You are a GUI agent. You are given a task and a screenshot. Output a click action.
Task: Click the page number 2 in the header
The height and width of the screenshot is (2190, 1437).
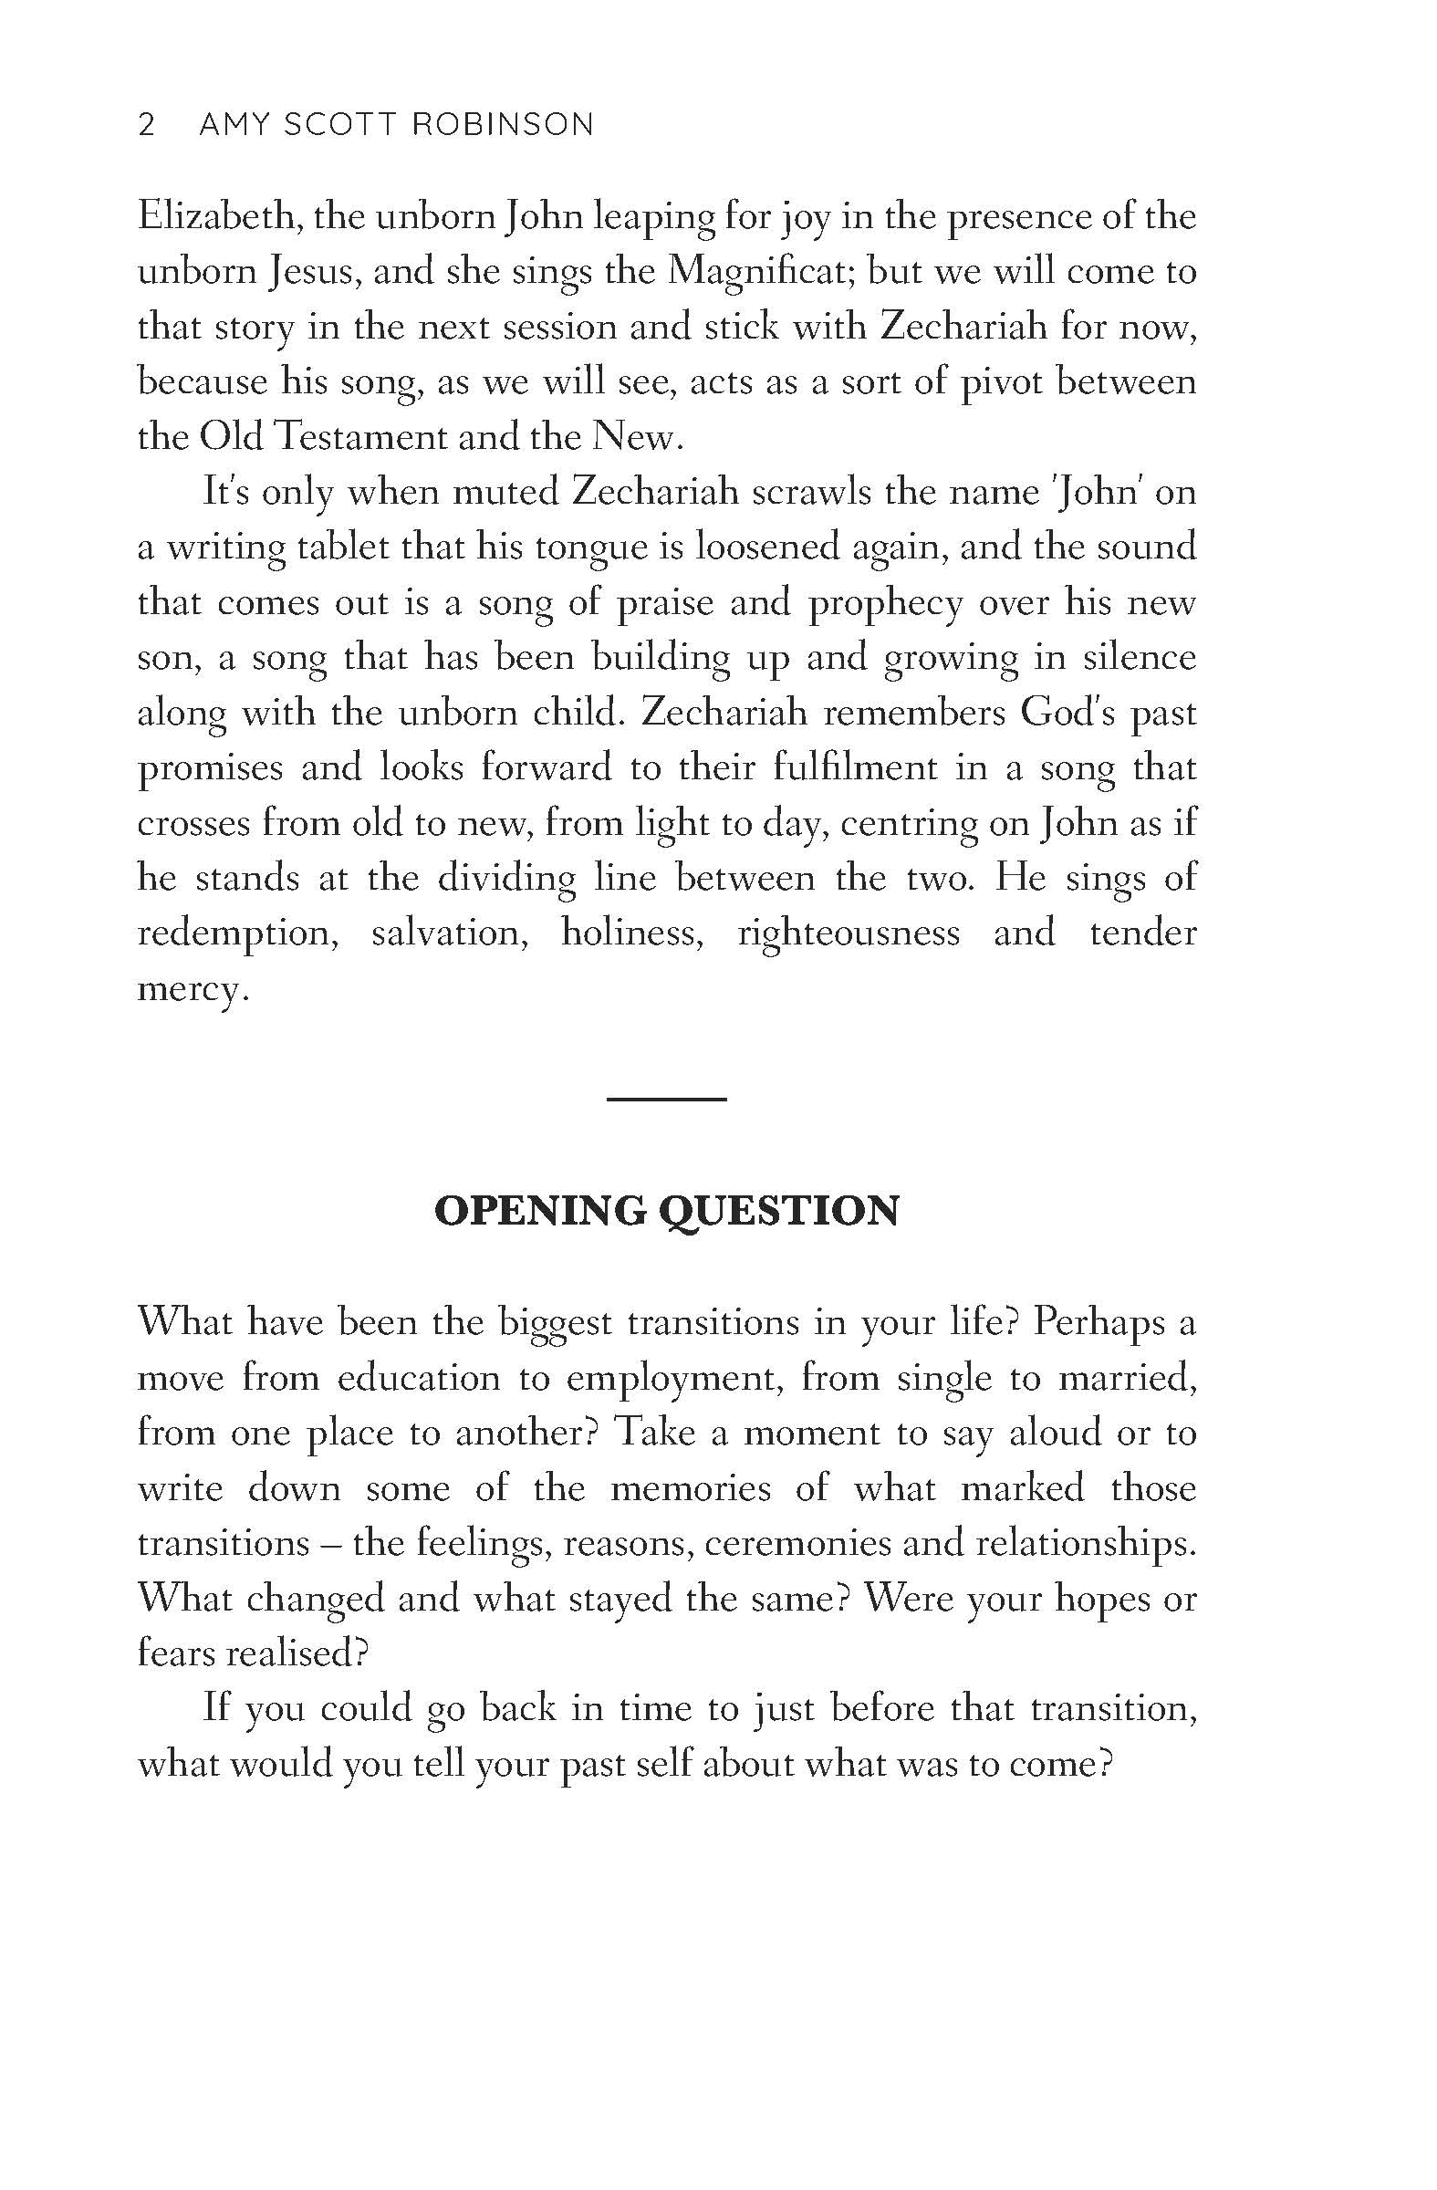pos(146,124)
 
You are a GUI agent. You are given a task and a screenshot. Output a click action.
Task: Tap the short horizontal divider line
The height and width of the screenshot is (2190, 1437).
pos(667,1099)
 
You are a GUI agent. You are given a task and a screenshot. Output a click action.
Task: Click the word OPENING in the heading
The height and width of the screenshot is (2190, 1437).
pos(540,1211)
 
